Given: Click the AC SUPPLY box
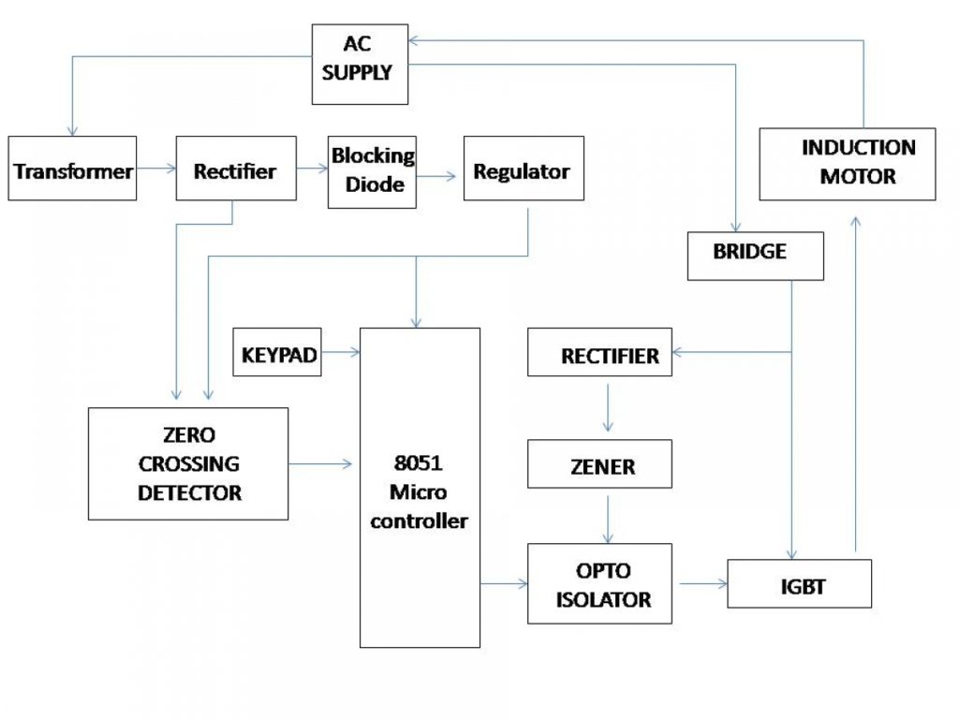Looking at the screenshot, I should pyautogui.click(x=361, y=64).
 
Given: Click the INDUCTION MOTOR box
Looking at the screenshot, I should pyautogui.click(x=847, y=164).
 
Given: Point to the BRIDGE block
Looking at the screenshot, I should pyautogui.click(x=755, y=256).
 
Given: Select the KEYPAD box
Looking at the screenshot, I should pyautogui.click(x=276, y=353).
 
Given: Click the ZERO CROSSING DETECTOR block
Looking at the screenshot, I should pyautogui.click(x=188, y=463).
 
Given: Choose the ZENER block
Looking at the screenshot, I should pyautogui.click(x=599, y=464).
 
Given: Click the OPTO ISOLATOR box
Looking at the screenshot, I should pyautogui.click(x=599, y=583).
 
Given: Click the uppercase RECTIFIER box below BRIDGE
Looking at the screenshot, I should pyautogui.click(x=599, y=353).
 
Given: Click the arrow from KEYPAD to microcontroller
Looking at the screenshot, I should pyautogui.click(x=341, y=353).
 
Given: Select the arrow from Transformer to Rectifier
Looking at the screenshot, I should pyautogui.click(x=155, y=169).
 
